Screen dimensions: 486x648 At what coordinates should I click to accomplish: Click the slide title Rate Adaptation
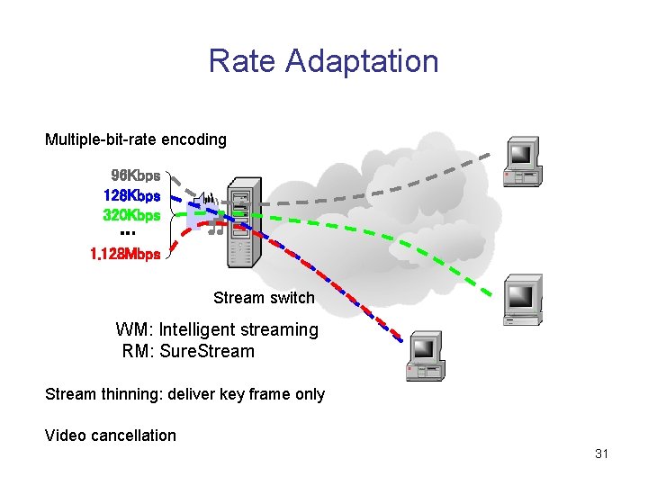pos(323,61)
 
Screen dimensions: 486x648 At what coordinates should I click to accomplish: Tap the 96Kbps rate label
pos(135,175)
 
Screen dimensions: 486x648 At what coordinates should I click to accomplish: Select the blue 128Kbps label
pos(131,195)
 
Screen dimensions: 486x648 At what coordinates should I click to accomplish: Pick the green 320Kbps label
pos(131,215)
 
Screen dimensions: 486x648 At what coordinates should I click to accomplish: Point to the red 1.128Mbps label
pos(125,254)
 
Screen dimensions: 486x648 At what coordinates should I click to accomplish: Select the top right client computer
pos(521,163)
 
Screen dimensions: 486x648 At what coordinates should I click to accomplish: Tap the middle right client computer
pos(521,300)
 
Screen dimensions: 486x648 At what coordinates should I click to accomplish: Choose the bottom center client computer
pos(425,356)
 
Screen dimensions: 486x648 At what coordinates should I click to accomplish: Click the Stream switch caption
pos(264,298)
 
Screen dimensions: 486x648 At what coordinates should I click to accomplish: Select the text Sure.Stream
pos(207,351)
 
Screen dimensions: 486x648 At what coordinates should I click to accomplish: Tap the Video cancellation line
pos(111,436)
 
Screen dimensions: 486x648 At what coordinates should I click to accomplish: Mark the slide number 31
pos(601,454)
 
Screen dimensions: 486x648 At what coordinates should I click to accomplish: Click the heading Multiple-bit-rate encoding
pos(136,139)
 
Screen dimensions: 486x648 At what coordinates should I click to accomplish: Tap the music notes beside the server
pos(214,229)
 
